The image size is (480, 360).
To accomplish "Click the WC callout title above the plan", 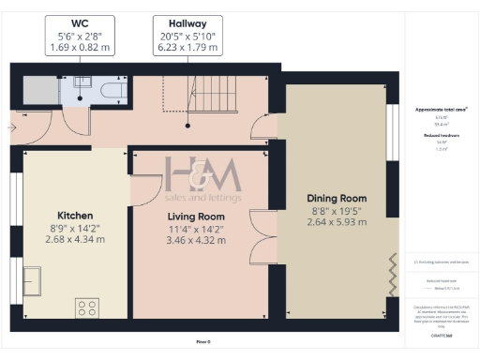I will (80, 22).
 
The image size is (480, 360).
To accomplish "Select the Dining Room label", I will (336, 199).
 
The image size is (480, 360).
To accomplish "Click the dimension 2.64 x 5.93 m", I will (336, 223).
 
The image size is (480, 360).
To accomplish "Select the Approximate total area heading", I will (441, 110).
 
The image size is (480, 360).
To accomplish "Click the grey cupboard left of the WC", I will (39, 90).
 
